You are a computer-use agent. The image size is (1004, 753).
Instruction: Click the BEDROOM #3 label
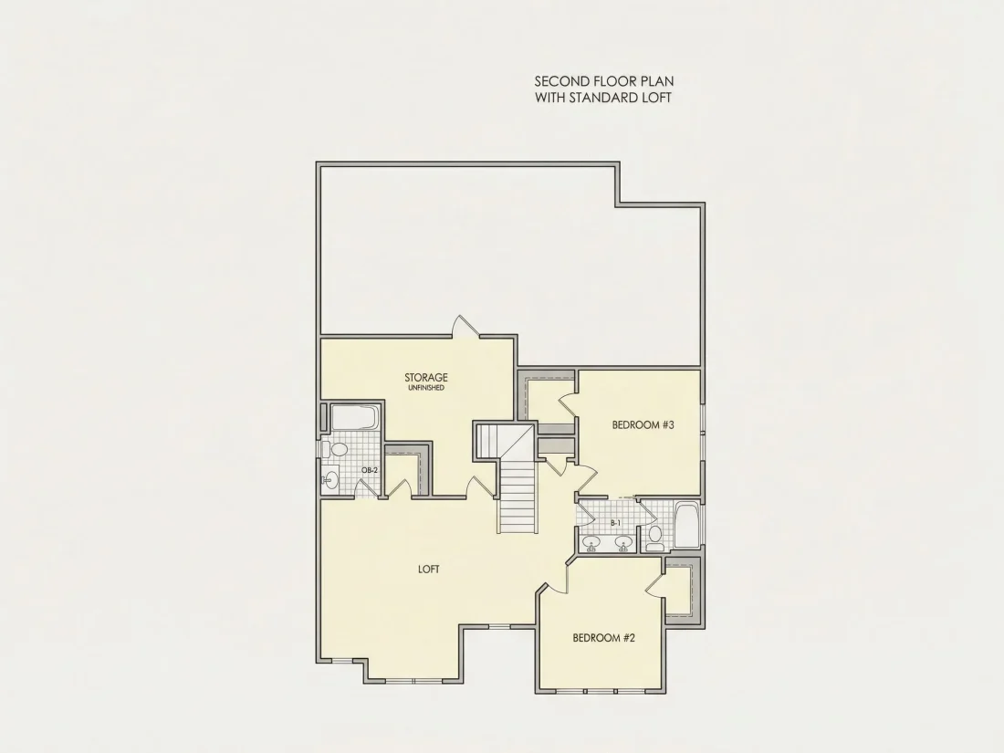point(643,424)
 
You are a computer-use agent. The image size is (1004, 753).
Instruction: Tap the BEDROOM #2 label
point(604,638)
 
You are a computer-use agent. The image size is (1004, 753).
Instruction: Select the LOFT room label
point(428,570)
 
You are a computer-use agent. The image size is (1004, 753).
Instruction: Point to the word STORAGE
point(426,378)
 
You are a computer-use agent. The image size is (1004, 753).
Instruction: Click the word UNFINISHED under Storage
point(426,388)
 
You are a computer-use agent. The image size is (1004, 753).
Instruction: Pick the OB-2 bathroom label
point(370,470)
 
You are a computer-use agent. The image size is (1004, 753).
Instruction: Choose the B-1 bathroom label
point(615,523)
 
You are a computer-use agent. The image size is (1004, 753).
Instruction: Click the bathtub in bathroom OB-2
point(355,418)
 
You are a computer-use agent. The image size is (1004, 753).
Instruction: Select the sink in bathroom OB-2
point(330,478)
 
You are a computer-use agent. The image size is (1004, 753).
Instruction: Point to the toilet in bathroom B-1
point(655,537)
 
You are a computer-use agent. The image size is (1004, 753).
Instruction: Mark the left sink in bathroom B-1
point(591,544)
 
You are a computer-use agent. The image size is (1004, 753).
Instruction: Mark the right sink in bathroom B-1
point(623,544)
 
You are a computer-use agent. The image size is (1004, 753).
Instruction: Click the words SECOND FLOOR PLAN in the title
point(604,81)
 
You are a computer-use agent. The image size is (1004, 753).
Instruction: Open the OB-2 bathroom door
point(366,488)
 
